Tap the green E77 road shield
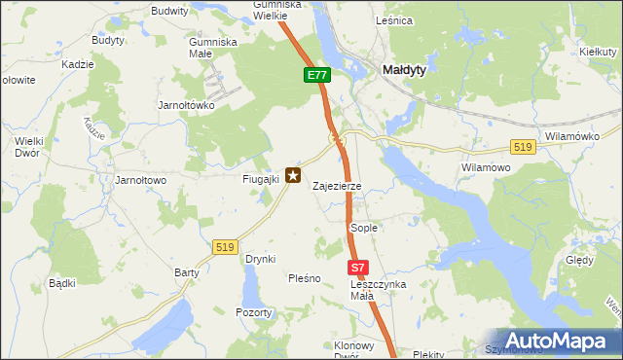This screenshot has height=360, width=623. pyautogui.click(x=317, y=75)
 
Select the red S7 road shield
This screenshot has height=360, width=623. pyautogui.click(x=357, y=268)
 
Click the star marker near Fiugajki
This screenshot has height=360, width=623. pyautogui.click(x=292, y=175)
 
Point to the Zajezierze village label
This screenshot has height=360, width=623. pyautogui.click(x=337, y=186)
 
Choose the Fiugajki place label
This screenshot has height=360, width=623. pyautogui.click(x=261, y=179)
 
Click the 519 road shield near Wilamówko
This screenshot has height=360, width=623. pyautogui.click(x=523, y=146)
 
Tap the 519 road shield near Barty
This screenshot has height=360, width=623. pyautogui.click(x=226, y=248)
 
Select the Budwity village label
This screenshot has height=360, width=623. pyautogui.click(x=169, y=11)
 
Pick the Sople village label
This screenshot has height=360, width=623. pyautogui.click(x=363, y=227)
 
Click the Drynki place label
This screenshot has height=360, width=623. pyautogui.click(x=261, y=259)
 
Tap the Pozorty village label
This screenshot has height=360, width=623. pyautogui.click(x=254, y=312)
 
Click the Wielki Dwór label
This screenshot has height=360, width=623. pyautogui.click(x=27, y=147)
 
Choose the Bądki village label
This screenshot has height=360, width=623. pyautogui.click(x=62, y=283)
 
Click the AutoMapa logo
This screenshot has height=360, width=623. pyautogui.click(x=556, y=341)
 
